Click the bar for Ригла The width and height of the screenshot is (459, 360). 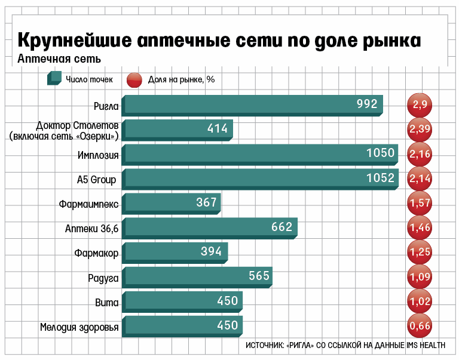(251, 104)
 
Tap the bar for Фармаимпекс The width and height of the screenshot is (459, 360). (170, 203)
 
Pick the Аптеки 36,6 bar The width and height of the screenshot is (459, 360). (209, 227)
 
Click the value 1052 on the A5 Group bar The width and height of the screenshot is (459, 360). (381, 178)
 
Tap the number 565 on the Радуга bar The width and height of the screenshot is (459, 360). (259, 276)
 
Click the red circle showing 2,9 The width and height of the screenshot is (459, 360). (420, 104)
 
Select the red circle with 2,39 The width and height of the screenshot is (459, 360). (420, 129)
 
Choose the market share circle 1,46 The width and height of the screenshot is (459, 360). (420, 227)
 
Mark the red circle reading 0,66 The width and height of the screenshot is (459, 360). (420, 325)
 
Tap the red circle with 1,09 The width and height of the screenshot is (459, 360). (420, 276)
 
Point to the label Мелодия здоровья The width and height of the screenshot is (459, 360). (79, 327)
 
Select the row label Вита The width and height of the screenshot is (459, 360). (107, 301)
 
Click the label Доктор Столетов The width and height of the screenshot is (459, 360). (77, 125)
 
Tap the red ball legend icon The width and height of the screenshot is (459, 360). (134, 79)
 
